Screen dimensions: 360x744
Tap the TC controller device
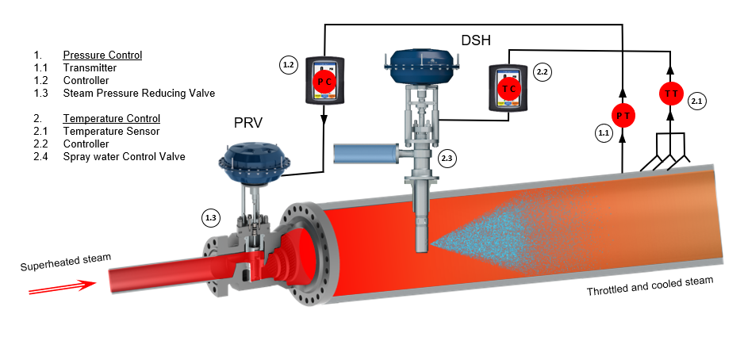pos(508,88)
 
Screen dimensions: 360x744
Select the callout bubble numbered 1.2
pos(289,63)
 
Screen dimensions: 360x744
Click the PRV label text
pos(247,123)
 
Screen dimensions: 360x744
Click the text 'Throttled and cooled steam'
pos(650,286)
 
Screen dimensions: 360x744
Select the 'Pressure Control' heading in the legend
pos(102,56)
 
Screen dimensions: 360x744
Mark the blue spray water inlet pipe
pos(366,155)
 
